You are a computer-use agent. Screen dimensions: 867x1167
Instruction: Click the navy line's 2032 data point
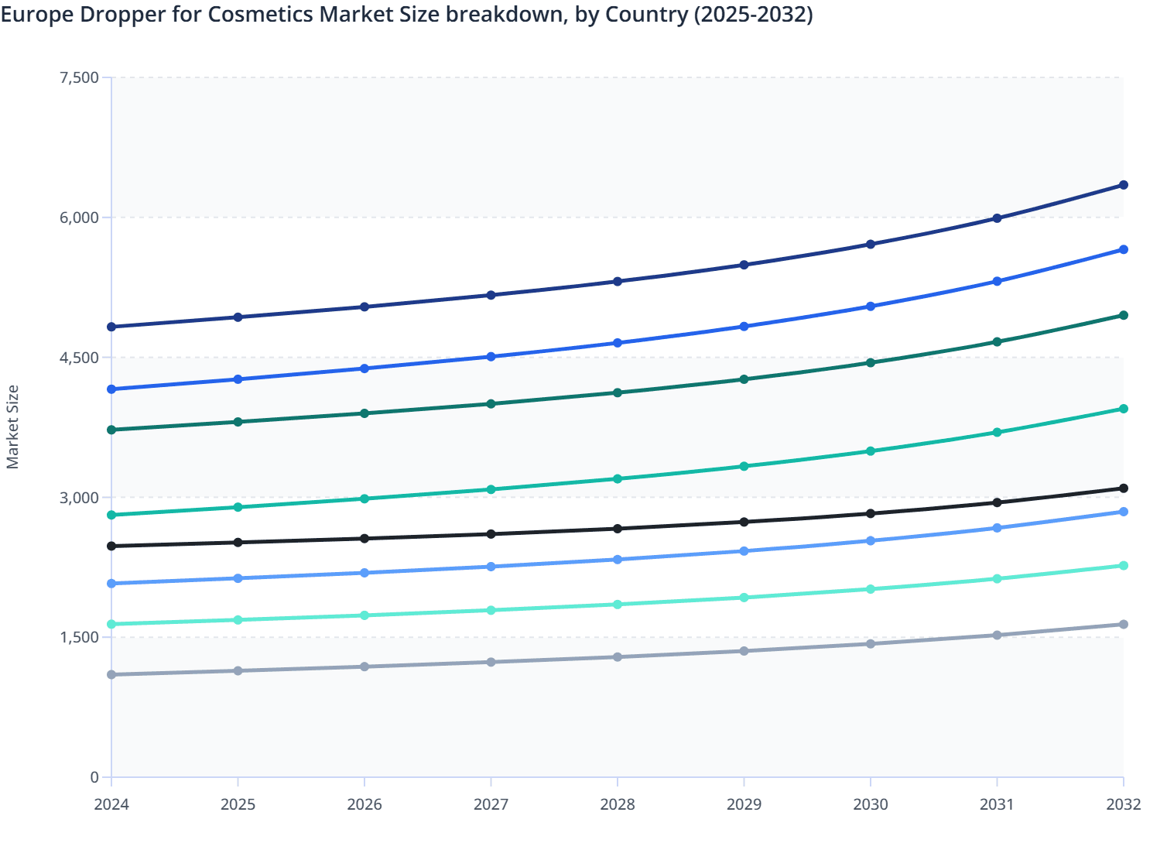pyautogui.click(x=1123, y=185)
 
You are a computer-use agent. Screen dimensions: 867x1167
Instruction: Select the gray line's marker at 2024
pyautogui.click(x=111, y=675)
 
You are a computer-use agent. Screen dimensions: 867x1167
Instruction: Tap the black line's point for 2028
pyautogui.click(x=618, y=529)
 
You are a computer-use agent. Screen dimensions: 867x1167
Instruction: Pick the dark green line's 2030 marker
pyautogui.click(x=871, y=362)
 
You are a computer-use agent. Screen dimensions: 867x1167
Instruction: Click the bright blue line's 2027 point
pyautogui.click(x=491, y=357)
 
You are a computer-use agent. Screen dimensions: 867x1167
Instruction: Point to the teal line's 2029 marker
pyautogui.click(x=744, y=467)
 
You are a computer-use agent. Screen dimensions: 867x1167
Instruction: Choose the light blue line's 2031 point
pyautogui.click(x=997, y=528)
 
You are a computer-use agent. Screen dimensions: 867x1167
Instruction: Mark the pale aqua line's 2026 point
pyautogui.click(x=364, y=615)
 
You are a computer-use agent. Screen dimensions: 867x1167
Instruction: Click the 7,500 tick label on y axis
pyautogui.click(x=79, y=77)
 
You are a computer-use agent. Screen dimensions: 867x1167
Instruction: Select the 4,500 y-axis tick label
pyautogui.click(x=79, y=358)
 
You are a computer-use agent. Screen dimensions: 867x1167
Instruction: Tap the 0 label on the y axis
pyautogui.click(x=94, y=777)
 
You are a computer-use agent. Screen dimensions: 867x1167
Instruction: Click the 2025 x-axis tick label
pyautogui.click(x=238, y=804)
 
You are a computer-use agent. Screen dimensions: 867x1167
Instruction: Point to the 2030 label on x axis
pyautogui.click(x=871, y=804)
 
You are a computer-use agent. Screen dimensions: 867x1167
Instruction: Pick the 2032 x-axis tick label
pyautogui.click(x=1123, y=804)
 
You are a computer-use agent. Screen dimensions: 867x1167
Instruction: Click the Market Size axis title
pyautogui.click(x=13, y=427)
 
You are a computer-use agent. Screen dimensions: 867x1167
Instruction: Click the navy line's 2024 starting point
pyautogui.click(x=111, y=327)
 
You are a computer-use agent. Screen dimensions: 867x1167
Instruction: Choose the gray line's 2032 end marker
pyautogui.click(x=1123, y=624)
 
